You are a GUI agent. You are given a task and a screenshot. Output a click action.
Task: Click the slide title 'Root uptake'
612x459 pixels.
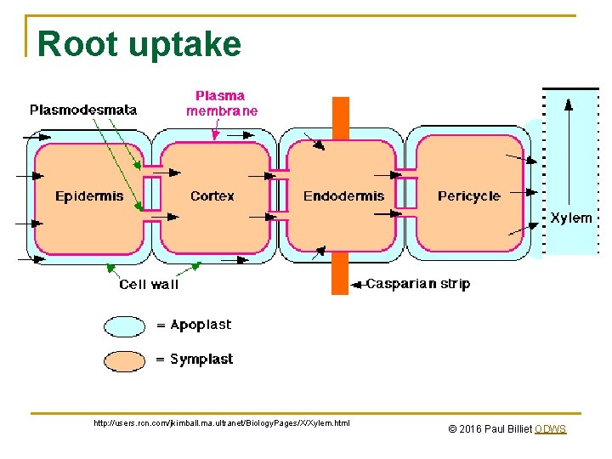point(139,44)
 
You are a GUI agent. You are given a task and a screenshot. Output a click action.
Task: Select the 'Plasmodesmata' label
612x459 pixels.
point(83,110)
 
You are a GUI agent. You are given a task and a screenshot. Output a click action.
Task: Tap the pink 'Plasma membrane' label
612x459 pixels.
point(222,103)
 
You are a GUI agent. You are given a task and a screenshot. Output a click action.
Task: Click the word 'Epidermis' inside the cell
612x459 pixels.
point(89,196)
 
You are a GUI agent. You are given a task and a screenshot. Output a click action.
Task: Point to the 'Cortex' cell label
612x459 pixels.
point(212,196)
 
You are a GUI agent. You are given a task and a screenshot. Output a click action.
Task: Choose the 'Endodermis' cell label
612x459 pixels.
point(343,196)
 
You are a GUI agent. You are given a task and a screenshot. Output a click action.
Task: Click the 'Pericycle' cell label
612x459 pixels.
point(468,196)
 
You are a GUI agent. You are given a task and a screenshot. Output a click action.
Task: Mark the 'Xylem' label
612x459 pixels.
point(570,218)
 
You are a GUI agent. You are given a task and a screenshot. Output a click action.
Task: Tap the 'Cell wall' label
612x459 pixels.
point(149,285)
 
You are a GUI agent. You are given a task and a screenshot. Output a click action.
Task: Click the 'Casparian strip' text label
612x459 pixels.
point(417,284)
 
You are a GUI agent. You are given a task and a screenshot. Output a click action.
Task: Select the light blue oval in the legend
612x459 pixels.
point(125,326)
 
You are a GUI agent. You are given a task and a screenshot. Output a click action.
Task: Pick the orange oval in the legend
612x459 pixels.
point(125,360)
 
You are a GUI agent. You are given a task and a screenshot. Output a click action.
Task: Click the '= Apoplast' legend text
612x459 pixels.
point(194,326)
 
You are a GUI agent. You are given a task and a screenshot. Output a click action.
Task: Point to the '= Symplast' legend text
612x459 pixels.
point(195,360)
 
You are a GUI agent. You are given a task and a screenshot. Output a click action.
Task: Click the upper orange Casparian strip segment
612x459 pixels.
point(340,117)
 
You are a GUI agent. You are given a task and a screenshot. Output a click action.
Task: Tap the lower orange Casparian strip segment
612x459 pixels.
point(340,273)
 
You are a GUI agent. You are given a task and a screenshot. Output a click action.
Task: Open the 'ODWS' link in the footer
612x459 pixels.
point(551,429)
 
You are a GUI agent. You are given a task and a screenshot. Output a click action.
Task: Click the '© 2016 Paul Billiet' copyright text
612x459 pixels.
point(490,429)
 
